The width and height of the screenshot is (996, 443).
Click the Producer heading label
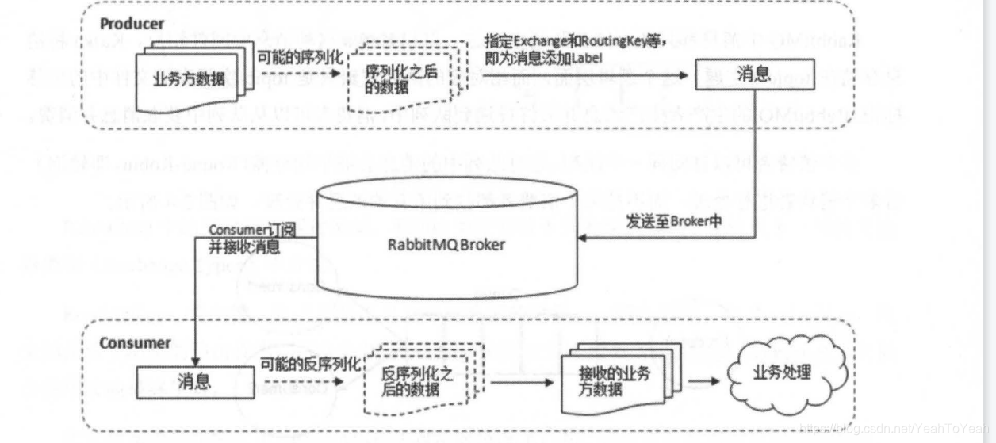(x=132, y=24)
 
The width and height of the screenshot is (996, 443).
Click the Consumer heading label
(x=135, y=343)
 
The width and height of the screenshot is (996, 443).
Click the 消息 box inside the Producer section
(x=753, y=75)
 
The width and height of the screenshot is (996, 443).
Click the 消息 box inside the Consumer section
(x=194, y=381)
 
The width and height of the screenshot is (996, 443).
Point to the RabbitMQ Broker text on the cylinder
(x=447, y=244)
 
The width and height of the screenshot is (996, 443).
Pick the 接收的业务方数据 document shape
(x=614, y=380)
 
